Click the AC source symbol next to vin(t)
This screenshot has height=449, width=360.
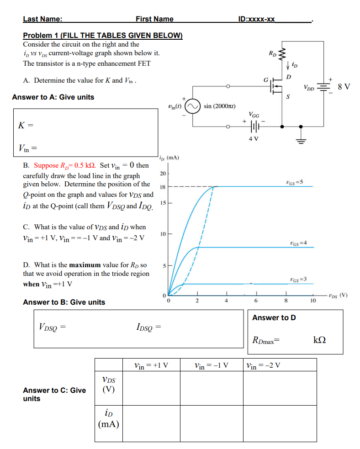click(x=192, y=106)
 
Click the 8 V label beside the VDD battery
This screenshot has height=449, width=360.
click(x=343, y=86)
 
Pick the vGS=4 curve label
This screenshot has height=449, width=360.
click(x=298, y=242)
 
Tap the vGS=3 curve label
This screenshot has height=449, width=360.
click(x=298, y=279)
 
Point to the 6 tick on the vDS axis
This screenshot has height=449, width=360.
click(x=256, y=301)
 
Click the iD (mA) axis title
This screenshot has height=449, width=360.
click(x=169, y=158)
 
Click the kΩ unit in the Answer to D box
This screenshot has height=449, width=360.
click(x=320, y=340)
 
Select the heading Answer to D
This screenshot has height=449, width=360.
click(x=274, y=317)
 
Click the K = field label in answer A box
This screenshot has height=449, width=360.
click(x=26, y=125)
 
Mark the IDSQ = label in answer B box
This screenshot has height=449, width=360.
click(x=149, y=327)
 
